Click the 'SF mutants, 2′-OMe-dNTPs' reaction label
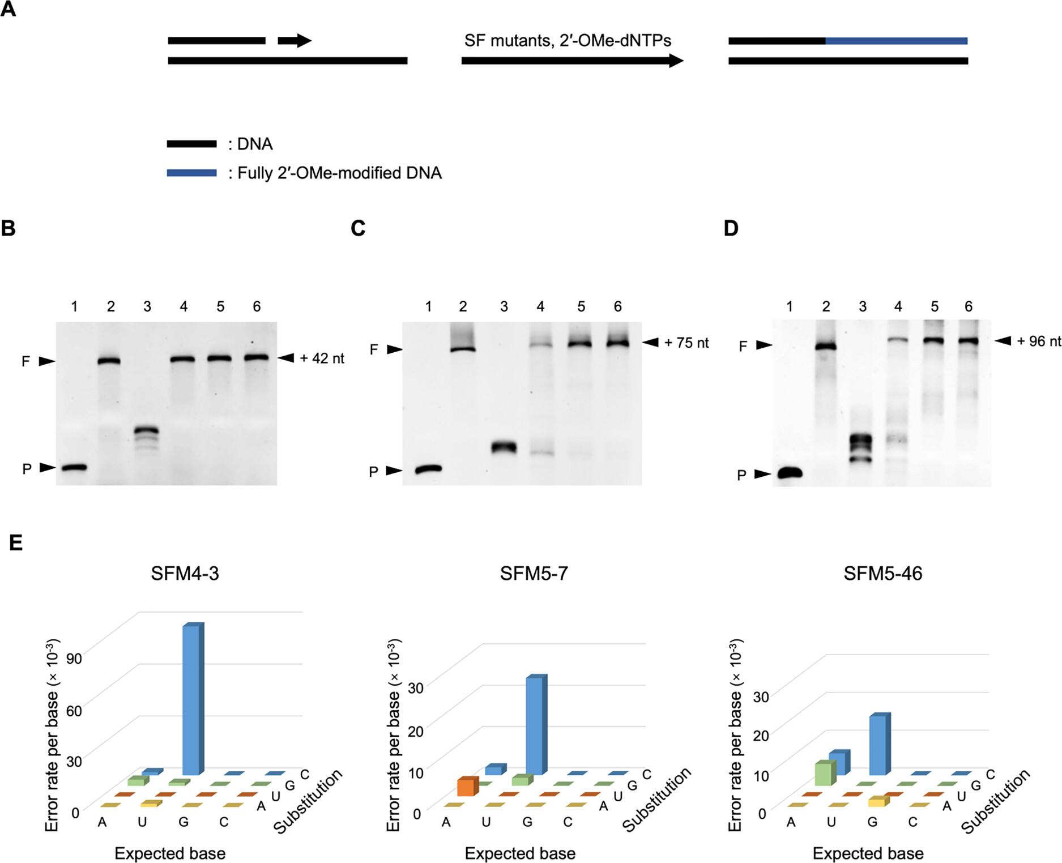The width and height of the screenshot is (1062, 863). [568, 41]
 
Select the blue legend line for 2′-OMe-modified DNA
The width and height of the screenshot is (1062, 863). [191, 173]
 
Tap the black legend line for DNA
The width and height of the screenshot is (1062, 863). [191, 144]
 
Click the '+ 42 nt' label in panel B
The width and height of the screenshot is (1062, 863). [322, 358]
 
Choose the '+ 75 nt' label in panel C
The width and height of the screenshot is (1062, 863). [686, 343]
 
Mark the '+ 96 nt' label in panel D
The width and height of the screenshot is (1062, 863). [1039, 341]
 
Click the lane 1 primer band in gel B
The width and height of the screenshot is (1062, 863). [74, 468]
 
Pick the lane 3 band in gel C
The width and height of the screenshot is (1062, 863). [504, 447]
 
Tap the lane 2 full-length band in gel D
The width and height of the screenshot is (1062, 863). [826, 347]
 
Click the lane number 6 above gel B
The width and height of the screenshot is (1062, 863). [257, 306]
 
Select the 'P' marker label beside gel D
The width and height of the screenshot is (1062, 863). [741, 475]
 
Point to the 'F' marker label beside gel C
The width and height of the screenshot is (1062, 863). [374, 349]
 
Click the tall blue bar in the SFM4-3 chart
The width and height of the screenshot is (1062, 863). [191, 699]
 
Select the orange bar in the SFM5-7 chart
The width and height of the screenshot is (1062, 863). [466, 787]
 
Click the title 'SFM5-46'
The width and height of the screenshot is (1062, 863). [882, 574]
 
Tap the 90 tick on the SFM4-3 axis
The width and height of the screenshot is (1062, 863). [74, 659]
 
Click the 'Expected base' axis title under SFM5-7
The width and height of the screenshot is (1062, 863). [520, 853]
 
